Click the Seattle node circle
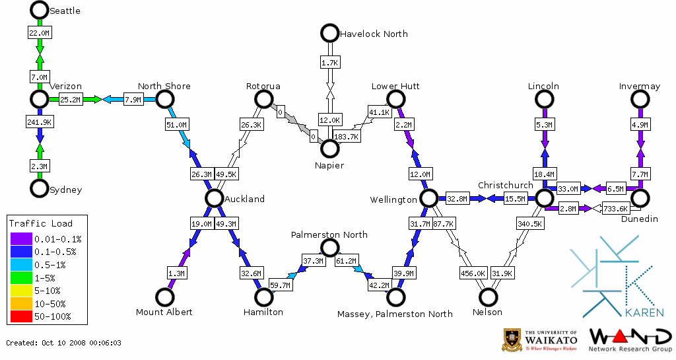click(40, 10)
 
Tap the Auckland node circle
click(214, 198)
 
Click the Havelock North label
click(374, 34)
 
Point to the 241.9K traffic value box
click(40, 122)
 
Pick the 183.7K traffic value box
click(347, 137)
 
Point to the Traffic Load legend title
click(41, 223)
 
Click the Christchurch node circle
click(544, 198)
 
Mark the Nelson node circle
click(488, 297)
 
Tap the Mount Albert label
click(164, 312)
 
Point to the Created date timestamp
click(64, 343)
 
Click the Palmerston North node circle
click(329, 248)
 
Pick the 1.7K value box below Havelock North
click(329, 62)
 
